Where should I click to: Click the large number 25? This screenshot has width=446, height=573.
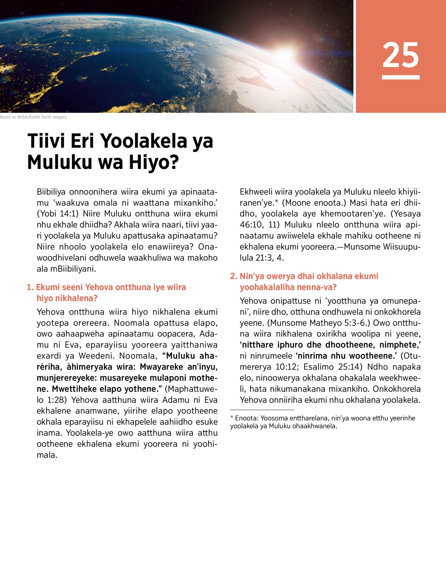401,55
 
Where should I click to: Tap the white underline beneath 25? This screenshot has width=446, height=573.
401,77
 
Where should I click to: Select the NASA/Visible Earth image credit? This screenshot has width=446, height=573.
33,117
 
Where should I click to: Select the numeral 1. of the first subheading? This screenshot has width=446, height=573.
30,287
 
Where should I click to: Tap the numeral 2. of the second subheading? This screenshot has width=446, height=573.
234,276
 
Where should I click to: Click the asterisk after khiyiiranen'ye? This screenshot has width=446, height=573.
277,202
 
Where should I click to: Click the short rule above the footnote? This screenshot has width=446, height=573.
257,410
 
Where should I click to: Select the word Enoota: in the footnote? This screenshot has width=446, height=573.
246,418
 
